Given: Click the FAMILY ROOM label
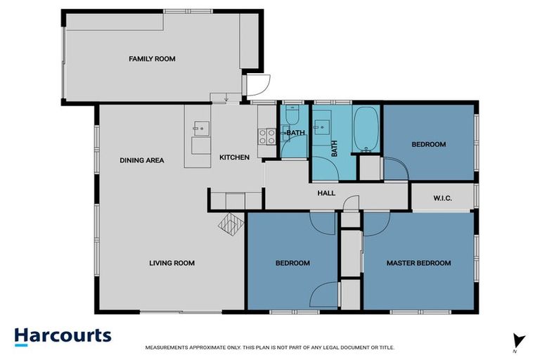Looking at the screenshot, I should point(152,59).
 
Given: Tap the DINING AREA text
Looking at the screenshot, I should point(141,160).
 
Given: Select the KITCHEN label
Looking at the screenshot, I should point(234,157).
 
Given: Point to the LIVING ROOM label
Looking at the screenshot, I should point(172,263).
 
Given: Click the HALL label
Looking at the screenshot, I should point(326,193).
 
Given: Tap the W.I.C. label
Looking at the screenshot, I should point(442,199).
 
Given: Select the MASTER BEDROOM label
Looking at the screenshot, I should point(418,263).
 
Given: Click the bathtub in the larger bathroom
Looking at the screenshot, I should point(366,129).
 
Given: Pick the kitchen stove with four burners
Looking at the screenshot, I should point(266,136).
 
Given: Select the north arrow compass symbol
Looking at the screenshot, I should point(519,341).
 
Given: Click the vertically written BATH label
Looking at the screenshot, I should point(335,149).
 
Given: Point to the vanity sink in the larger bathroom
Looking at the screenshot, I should point(323,127).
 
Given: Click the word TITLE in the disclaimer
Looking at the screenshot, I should point(385,347).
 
